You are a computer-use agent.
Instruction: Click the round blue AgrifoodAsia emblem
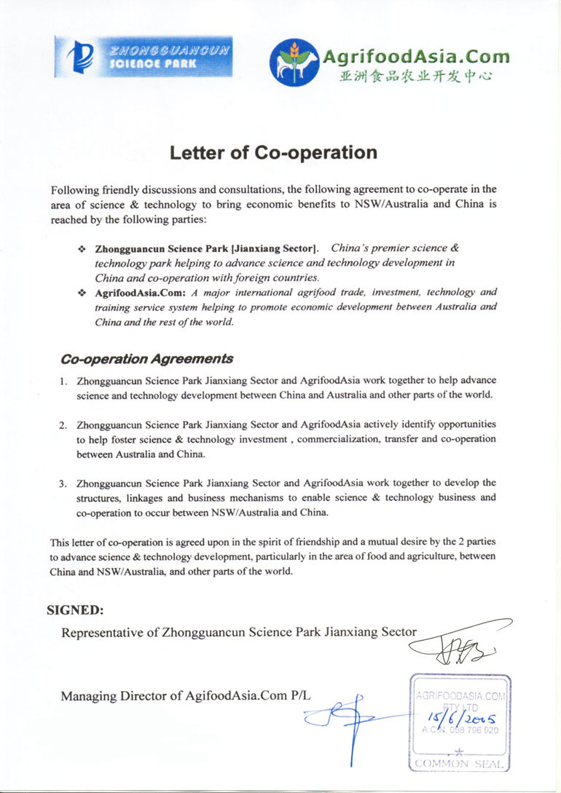[x=294, y=61]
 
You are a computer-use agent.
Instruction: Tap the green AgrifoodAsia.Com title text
[x=415, y=56]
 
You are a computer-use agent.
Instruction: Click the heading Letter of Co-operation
[x=273, y=153]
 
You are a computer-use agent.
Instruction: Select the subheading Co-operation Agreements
[x=147, y=358]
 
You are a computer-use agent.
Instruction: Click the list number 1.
[x=63, y=381]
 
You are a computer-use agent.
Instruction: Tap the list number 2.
[x=63, y=425]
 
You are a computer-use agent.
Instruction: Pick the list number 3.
[x=63, y=483]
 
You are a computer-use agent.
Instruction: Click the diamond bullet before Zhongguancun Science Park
[x=82, y=249]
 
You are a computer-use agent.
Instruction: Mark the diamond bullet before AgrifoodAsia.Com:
[x=82, y=293]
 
